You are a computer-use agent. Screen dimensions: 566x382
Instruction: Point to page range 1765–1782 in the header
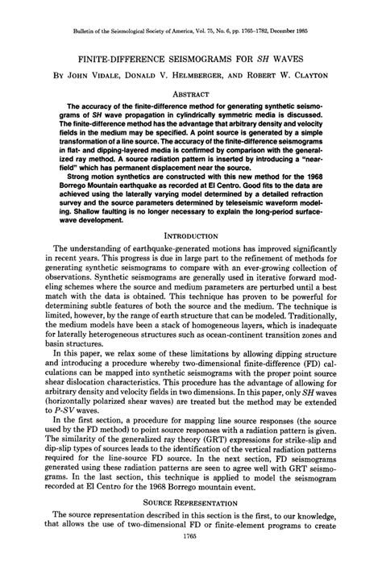264,31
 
